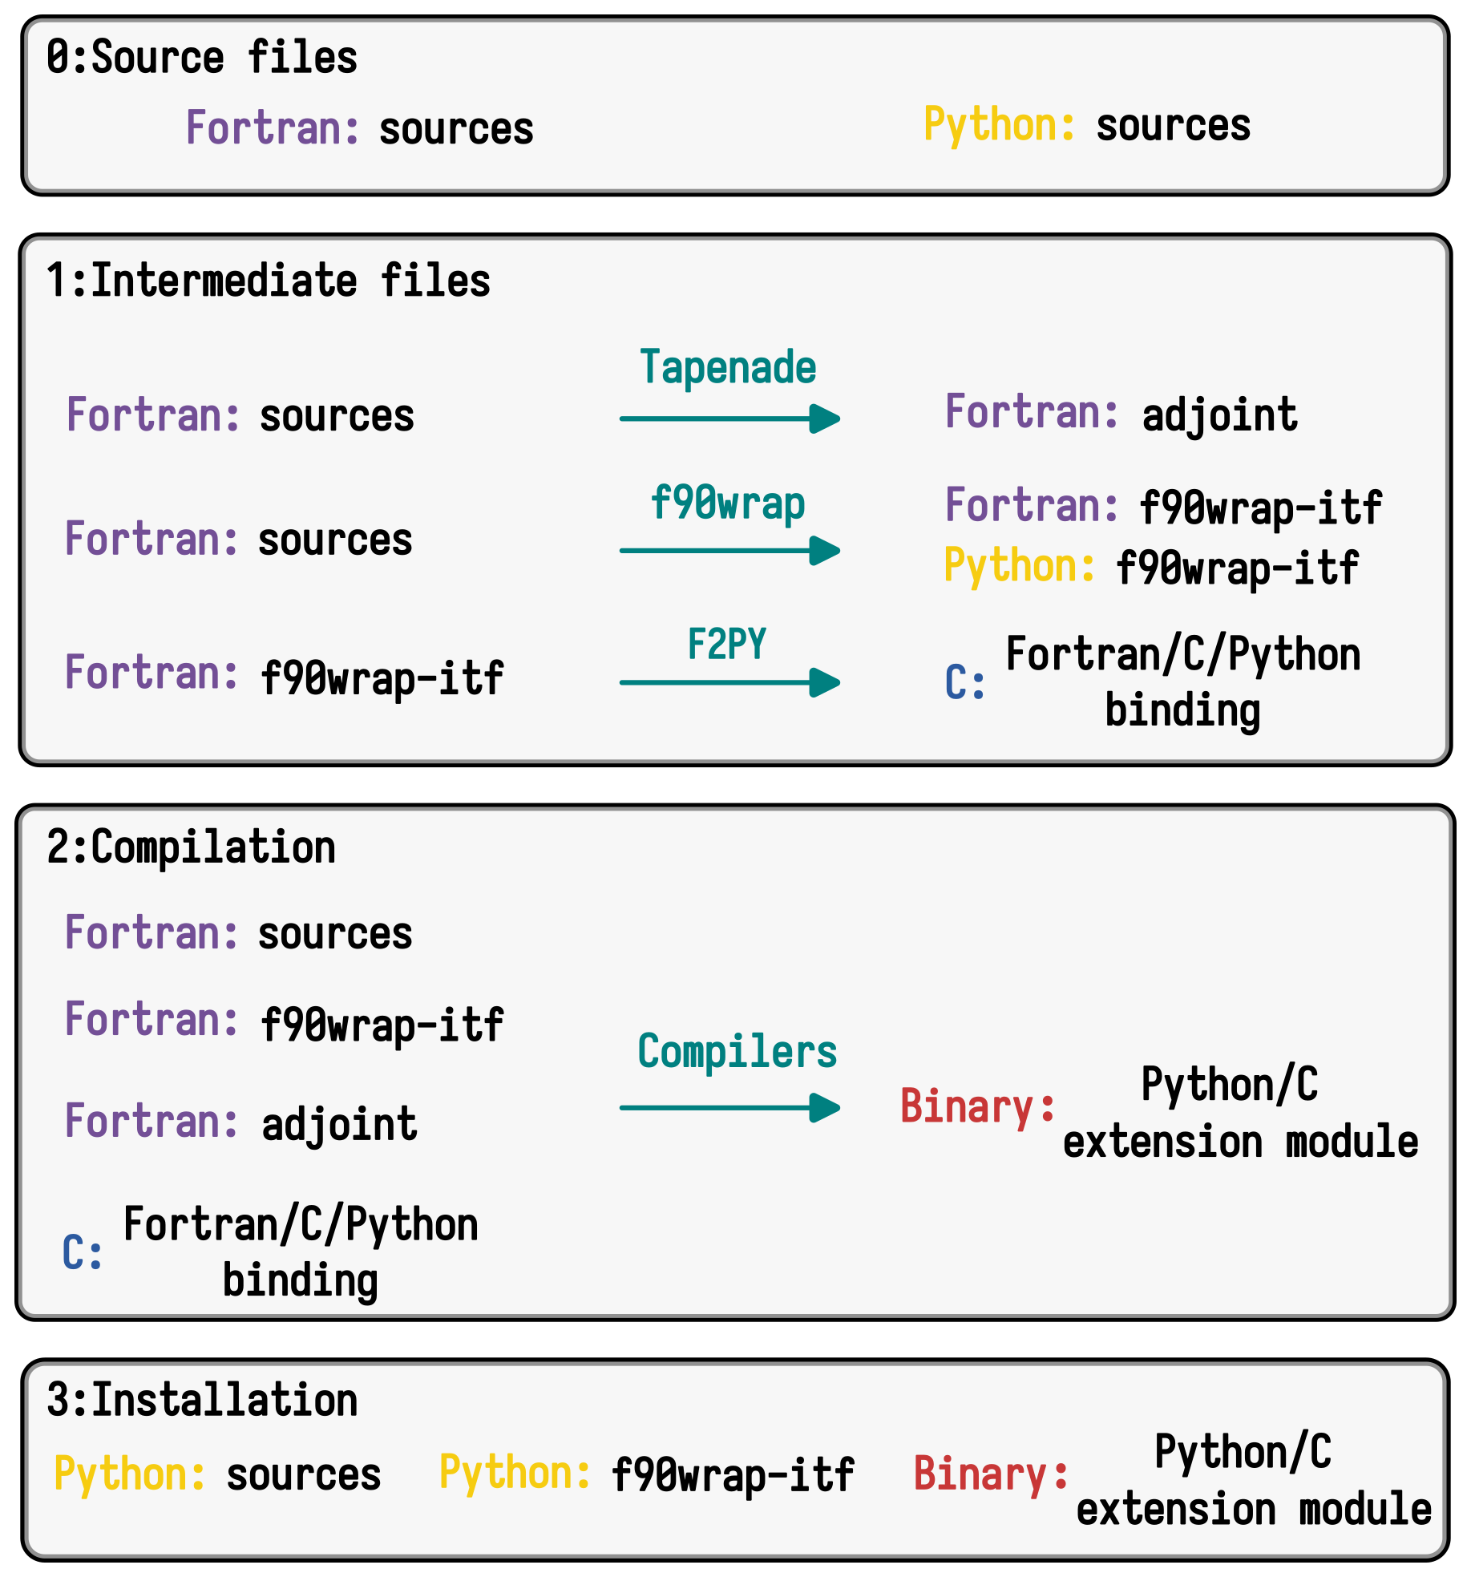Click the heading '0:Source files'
click(x=201, y=58)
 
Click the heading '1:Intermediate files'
click(x=268, y=281)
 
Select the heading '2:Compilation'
click(x=191, y=847)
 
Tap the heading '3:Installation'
click(x=201, y=1400)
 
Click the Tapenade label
click(x=728, y=367)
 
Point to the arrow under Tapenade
click(x=729, y=419)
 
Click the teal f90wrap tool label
click(x=728, y=503)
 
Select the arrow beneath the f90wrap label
click(x=729, y=551)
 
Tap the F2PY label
click(x=727, y=644)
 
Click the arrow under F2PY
click(x=729, y=683)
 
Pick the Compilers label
click(x=737, y=1051)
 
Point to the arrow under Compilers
click(x=729, y=1108)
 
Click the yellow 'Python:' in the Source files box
click(x=999, y=125)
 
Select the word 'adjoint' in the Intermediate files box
click(x=1219, y=415)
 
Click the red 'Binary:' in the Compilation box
click(x=977, y=1106)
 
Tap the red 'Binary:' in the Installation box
click(x=991, y=1474)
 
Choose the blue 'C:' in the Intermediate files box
click(x=965, y=682)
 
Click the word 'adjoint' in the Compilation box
click(x=339, y=1124)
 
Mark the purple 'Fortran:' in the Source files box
click(x=273, y=128)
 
